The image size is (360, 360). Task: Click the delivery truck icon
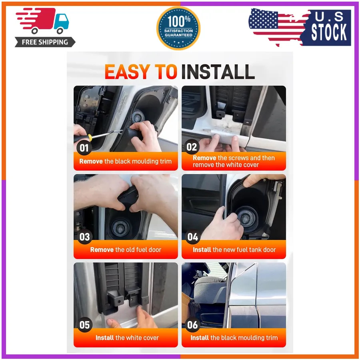coord(42,21)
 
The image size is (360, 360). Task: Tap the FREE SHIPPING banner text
coord(45,42)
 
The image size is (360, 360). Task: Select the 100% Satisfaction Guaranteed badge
coord(178,28)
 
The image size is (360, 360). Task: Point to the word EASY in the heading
coord(128,72)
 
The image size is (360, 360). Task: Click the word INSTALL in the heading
coord(218,72)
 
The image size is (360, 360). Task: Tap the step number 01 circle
coord(84,148)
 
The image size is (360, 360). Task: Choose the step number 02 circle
coord(192,147)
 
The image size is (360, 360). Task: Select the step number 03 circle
coord(84,237)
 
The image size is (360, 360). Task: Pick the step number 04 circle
coord(193,237)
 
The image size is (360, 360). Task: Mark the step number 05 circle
coord(84,325)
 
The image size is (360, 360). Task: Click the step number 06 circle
coord(192,325)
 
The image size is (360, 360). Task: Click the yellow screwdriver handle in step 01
coord(90,138)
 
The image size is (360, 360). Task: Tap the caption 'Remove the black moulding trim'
coord(125,161)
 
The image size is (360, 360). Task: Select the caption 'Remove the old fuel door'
coord(126,250)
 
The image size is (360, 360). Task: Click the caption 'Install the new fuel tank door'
coord(234,250)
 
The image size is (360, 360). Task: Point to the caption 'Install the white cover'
coord(127,338)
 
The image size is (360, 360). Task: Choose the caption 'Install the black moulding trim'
coord(234,338)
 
